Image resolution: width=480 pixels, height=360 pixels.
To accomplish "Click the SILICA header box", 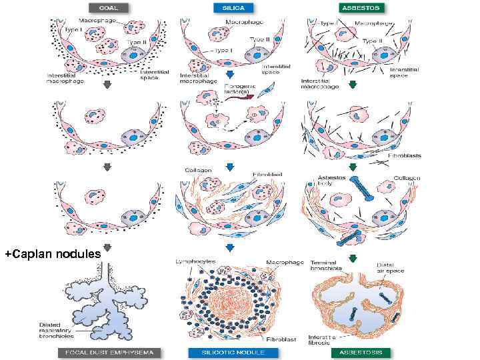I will [229, 8].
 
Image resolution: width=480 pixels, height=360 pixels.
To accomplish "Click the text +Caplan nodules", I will [52, 254].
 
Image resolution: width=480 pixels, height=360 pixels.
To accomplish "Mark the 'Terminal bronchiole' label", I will [327, 265].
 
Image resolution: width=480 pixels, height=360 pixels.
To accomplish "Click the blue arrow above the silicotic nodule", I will [229, 249].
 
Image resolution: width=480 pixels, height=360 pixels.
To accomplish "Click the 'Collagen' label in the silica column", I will [199, 171].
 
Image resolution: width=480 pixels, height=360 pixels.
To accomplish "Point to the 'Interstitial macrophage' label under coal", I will [64, 79].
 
